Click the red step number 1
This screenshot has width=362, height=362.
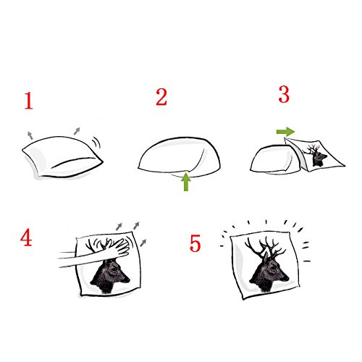pyautogui.click(x=29, y=101)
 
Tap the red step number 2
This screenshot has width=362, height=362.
pyautogui.click(x=161, y=97)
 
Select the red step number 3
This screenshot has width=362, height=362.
pyautogui.click(x=284, y=94)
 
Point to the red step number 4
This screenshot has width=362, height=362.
pyautogui.click(x=26, y=237)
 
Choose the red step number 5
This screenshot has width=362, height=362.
pyautogui.click(x=195, y=243)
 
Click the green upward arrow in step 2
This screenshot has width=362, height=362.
pyautogui.click(x=186, y=182)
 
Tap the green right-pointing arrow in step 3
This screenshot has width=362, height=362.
pyautogui.click(x=285, y=132)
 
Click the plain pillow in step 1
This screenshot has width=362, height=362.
pyautogui.click(x=63, y=157)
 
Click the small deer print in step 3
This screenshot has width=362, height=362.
pyautogui.click(x=315, y=156)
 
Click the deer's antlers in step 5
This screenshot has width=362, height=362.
pyautogui.click(x=265, y=248)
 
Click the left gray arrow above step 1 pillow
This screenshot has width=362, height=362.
pyautogui.click(x=30, y=135)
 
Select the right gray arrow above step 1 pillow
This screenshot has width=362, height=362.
pyautogui.click(x=77, y=131)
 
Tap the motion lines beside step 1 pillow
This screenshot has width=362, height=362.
pyautogui.click(x=96, y=142)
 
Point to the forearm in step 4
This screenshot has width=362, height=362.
pyautogui.click(x=82, y=258)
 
